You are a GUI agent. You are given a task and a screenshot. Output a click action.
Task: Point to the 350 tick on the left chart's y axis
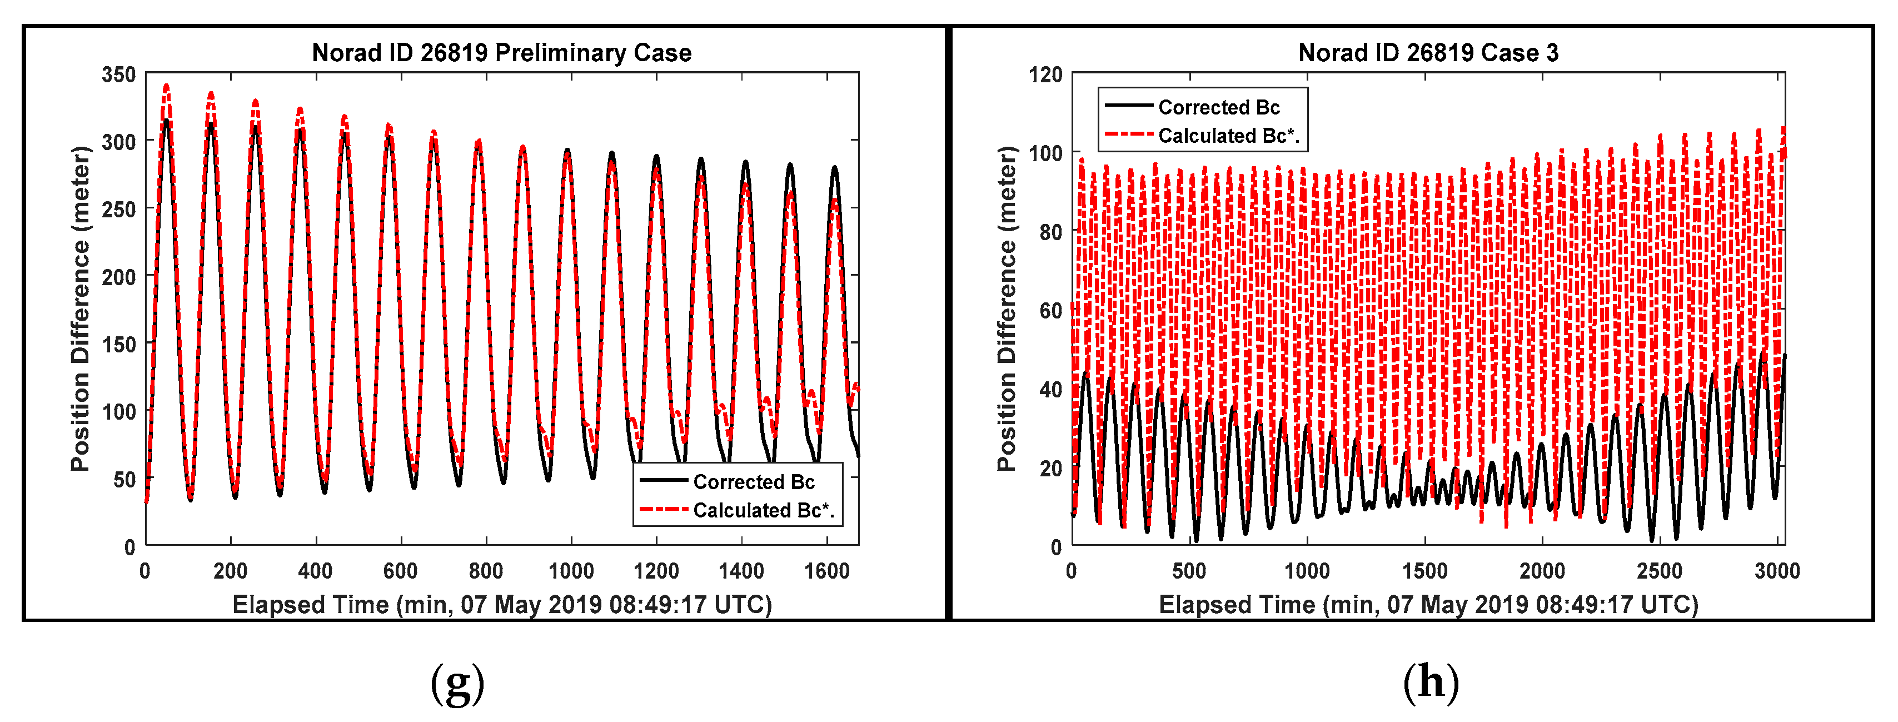point(118,74)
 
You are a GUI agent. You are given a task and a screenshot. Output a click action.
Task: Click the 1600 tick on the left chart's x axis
point(826,571)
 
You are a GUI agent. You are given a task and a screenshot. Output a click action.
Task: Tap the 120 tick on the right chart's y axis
point(1045,74)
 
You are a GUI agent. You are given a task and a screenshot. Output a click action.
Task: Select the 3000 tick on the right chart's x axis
point(1776,571)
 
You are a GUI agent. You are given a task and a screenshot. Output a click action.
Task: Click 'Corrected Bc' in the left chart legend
point(753,482)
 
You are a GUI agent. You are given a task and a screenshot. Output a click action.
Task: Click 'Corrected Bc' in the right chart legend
point(1219,108)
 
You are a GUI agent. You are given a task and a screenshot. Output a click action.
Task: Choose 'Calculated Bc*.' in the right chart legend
point(1228,136)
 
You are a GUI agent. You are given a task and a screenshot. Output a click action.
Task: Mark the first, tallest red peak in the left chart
point(167,86)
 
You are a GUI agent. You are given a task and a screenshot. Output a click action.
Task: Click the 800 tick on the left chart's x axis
point(486,571)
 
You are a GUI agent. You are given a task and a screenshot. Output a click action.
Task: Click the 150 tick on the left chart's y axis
point(118,344)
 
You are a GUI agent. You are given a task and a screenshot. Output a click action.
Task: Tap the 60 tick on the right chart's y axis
point(1050,311)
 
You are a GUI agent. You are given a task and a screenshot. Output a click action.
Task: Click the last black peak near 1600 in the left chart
point(835,168)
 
